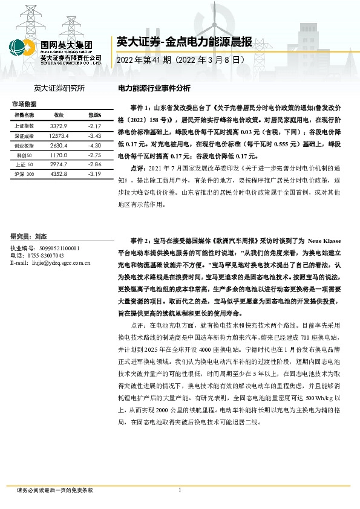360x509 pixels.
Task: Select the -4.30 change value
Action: [93, 145]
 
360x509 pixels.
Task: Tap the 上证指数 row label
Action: [24, 126]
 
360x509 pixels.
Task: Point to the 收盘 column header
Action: [59, 115]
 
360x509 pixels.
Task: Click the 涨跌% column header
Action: [94, 115]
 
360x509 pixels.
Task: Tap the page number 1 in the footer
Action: [180, 490]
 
